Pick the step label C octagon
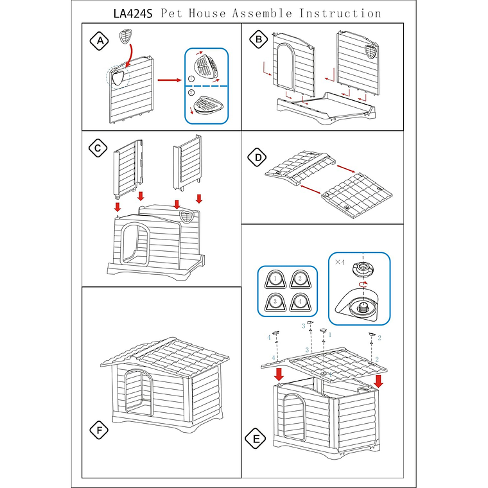click(97, 148)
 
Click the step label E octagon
click(256, 439)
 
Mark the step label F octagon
click(98, 430)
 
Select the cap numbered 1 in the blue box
click(275, 279)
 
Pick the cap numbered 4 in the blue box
click(298, 302)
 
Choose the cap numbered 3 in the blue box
click(275, 302)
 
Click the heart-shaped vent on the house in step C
click(186, 216)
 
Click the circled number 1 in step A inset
click(191, 78)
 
